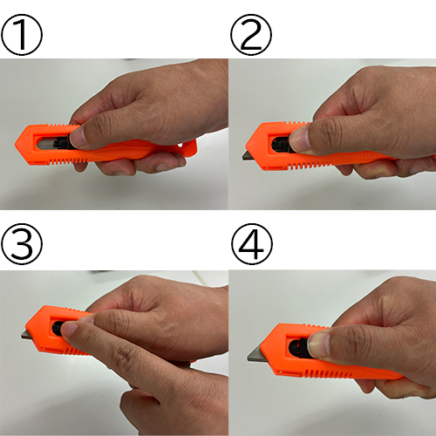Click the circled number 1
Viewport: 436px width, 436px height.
point(22,35)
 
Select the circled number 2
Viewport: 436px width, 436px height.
point(251,35)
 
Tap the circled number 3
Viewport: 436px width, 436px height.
point(22,244)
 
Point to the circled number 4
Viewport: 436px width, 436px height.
point(252,244)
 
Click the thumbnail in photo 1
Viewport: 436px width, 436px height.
point(78,137)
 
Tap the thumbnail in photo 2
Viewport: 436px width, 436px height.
point(299,141)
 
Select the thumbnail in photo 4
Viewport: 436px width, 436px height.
point(319,345)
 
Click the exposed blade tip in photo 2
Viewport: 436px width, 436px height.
point(244,157)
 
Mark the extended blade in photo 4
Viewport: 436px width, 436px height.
point(255,355)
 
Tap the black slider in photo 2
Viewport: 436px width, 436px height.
point(282,144)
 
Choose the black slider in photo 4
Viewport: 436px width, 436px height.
point(299,348)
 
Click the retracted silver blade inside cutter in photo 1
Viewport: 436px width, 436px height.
point(46,144)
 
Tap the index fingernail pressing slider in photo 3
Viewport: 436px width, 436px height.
point(69,329)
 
